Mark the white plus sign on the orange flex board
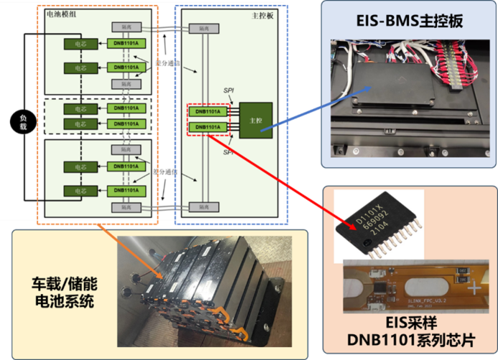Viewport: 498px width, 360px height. pyautogui.click(x=474, y=288)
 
